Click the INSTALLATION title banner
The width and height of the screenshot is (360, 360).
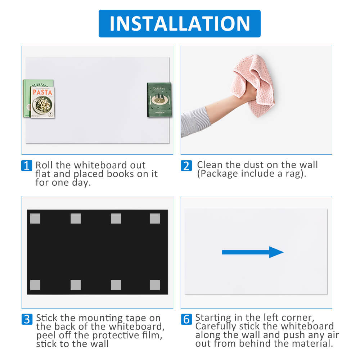[180, 23]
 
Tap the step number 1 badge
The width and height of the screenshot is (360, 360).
[27, 166]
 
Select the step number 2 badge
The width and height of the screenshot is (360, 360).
[186, 166]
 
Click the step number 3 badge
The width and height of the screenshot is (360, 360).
[27, 319]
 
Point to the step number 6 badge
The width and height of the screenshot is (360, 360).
[186, 319]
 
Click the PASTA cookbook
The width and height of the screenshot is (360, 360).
[42, 102]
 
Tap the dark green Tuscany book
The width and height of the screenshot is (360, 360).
[159, 100]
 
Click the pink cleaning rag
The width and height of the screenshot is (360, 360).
[254, 85]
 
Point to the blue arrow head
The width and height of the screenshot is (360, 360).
[276, 252]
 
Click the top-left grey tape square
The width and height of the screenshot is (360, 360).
[35, 219]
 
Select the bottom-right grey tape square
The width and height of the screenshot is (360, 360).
[155, 285]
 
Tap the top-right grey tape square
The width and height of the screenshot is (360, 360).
[155, 219]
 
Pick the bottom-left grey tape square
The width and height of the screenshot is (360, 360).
[35, 285]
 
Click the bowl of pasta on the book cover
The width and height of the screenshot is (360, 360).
[42, 105]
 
